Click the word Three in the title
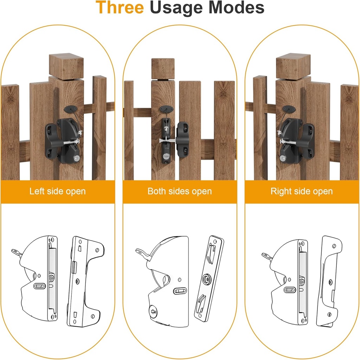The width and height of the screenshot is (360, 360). [x=120, y=7]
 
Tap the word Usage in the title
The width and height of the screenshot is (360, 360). [x=176, y=9]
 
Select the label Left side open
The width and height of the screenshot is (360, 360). [x=57, y=191]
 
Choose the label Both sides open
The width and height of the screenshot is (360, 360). [x=180, y=191]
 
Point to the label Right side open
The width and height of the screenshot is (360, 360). [x=301, y=191]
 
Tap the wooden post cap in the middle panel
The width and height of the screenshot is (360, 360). [x=163, y=69]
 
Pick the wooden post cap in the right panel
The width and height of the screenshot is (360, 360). [x=293, y=66]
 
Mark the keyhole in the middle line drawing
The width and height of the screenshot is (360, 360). [x=153, y=312]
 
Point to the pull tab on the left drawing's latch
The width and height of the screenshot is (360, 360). [x=17, y=253]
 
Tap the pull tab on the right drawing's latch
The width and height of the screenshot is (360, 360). [x=267, y=256]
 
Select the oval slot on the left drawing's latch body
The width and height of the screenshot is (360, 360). [x=39, y=286]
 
